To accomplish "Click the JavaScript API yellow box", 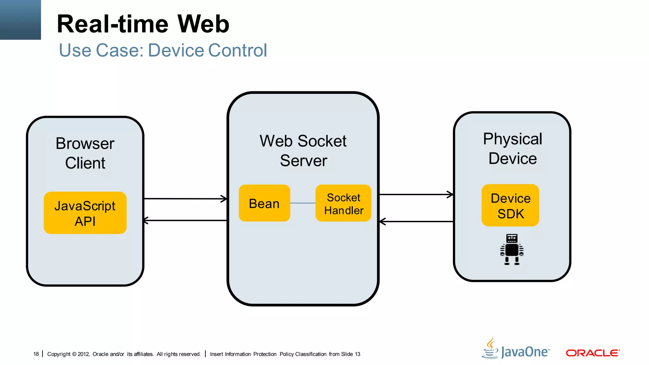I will [x=85, y=213].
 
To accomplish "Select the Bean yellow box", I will [x=264, y=203].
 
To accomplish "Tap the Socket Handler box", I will [x=343, y=203].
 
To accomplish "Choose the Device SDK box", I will [x=510, y=205].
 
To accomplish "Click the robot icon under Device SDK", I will [x=512, y=249].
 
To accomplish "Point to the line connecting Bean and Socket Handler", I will [x=303, y=203].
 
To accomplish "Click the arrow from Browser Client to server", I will [x=185, y=199].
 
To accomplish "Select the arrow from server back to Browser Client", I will [x=185, y=221].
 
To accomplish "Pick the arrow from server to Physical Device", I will [x=416, y=195].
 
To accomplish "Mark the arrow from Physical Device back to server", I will [x=416, y=221].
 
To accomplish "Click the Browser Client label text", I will [x=85, y=153].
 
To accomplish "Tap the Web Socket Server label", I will [x=303, y=151].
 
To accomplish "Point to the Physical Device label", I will [x=512, y=149].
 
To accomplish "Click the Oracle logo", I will [x=593, y=353].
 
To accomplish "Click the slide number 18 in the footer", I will [x=36, y=354].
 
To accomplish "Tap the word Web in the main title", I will [x=203, y=24].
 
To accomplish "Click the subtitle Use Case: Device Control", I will [x=163, y=50].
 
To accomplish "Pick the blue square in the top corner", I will [x=20, y=20].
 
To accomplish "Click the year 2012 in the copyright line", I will [x=83, y=354].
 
